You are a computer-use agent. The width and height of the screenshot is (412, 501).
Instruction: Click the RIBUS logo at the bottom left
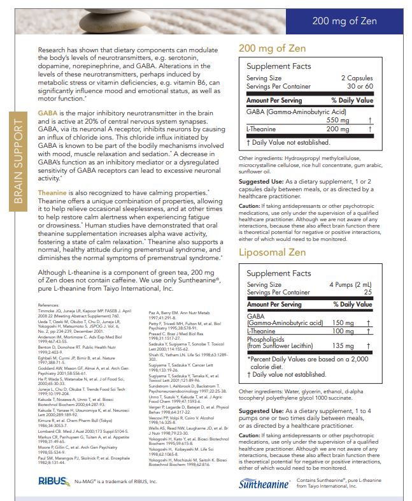(x=52, y=482)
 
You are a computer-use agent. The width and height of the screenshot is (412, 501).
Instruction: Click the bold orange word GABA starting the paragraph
(x=48, y=112)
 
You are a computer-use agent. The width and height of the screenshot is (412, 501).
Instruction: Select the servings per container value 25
(x=367, y=292)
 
